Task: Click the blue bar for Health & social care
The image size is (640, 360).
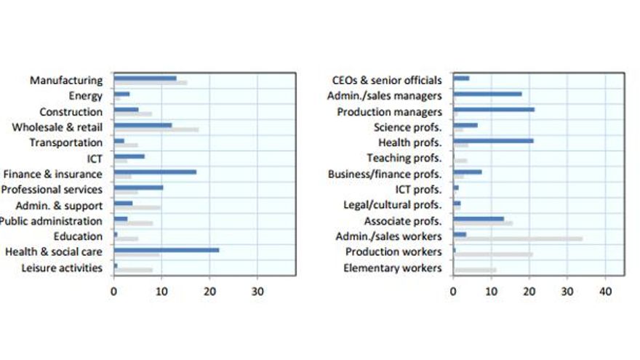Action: tap(167, 249)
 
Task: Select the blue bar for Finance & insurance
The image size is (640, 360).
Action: tap(155, 172)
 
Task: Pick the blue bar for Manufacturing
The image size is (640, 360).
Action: tap(145, 78)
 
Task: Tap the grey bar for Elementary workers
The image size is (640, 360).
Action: tap(475, 270)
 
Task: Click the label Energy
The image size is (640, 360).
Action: tap(85, 96)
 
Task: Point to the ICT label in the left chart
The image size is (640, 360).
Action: tap(94, 158)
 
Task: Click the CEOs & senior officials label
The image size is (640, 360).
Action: tap(386, 80)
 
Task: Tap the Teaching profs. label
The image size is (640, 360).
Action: tap(404, 158)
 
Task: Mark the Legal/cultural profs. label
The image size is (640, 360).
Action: tap(392, 205)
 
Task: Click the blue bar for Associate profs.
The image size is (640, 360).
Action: tap(479, 218)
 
